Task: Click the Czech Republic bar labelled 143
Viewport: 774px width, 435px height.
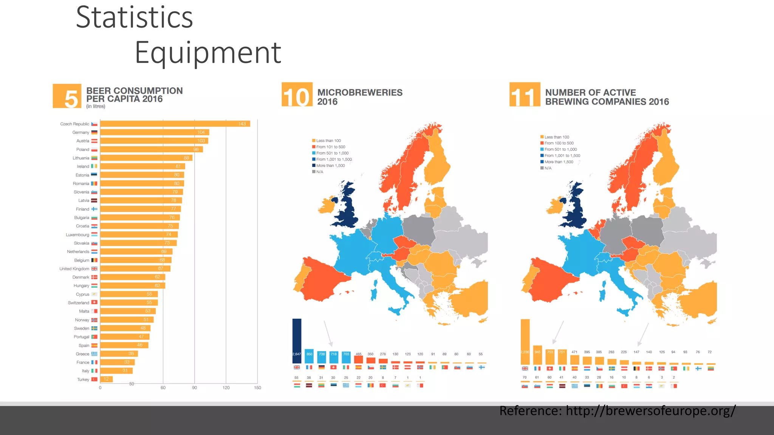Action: coord(175,124)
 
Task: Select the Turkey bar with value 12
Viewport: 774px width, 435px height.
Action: coord(106,379)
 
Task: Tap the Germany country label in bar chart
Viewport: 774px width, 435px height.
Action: coord(80,133)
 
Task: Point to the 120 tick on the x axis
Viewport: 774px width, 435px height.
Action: coord(226,388)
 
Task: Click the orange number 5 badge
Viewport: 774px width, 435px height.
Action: coord(67,96)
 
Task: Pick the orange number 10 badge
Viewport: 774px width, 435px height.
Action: coord(297,95)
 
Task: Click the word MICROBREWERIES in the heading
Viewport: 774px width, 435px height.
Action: coord(360,93)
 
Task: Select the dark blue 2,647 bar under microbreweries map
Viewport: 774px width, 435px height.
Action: coord(297,341)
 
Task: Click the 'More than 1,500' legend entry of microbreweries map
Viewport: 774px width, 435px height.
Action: coord(330,166)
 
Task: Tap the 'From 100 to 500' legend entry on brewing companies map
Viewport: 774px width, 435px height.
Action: coord(559,143)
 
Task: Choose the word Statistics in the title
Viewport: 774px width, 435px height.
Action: coord(135,17)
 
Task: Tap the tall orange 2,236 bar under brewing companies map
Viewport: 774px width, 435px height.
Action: coord(525,342)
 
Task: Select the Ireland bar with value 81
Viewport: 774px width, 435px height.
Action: coord(142,167)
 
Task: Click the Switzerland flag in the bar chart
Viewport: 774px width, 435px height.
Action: coord(94,302)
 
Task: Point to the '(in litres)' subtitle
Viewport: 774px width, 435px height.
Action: coord(96,106)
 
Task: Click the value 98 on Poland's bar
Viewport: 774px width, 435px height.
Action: coord(196,150)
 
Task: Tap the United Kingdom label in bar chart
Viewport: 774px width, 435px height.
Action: coord(74,269)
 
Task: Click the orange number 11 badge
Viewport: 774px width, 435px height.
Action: coord(525,95)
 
